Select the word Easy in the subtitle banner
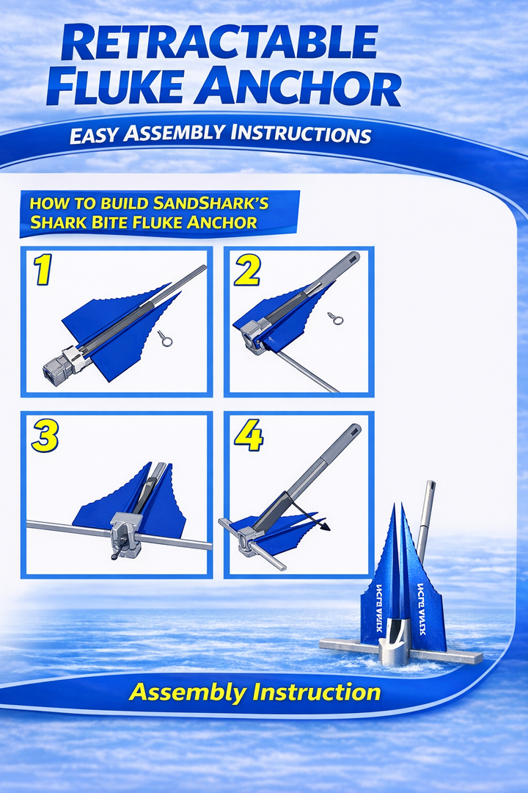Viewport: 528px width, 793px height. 93,136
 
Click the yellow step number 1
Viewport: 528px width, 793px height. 43,271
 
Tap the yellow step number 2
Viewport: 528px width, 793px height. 247,271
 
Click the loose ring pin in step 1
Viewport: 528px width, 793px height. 165,338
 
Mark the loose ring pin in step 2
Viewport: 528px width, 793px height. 336,319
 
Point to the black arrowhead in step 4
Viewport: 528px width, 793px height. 325,526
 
